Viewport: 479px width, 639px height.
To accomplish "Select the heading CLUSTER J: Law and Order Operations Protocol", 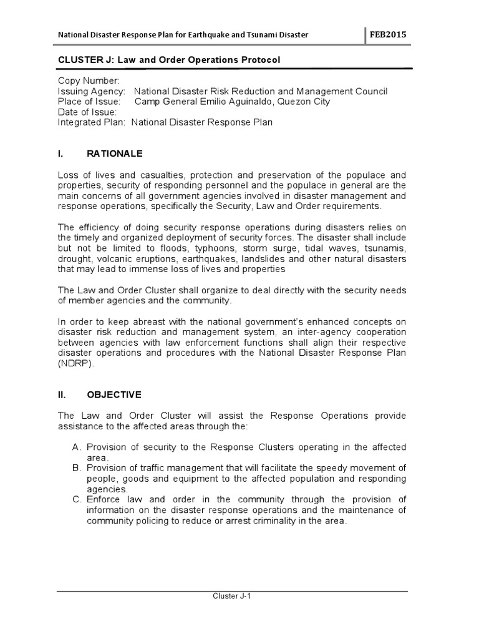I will pyautogui.click(x=169, y=60).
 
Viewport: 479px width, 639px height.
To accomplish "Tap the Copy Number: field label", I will pyautogui.click(x=89, y=81).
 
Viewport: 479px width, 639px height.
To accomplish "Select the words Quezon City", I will pyautogui.click(x=306, y=102).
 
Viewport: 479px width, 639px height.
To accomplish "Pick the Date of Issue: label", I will pyautogui.click(x=87, y=112).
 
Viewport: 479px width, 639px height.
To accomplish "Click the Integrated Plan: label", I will pyautogui.click(x=92, y=122).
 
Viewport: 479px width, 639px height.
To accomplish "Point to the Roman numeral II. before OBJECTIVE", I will pyautogui.click(x=62, y=395).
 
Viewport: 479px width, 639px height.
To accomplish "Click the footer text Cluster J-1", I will pyautogui.click(x=232, y=596).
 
